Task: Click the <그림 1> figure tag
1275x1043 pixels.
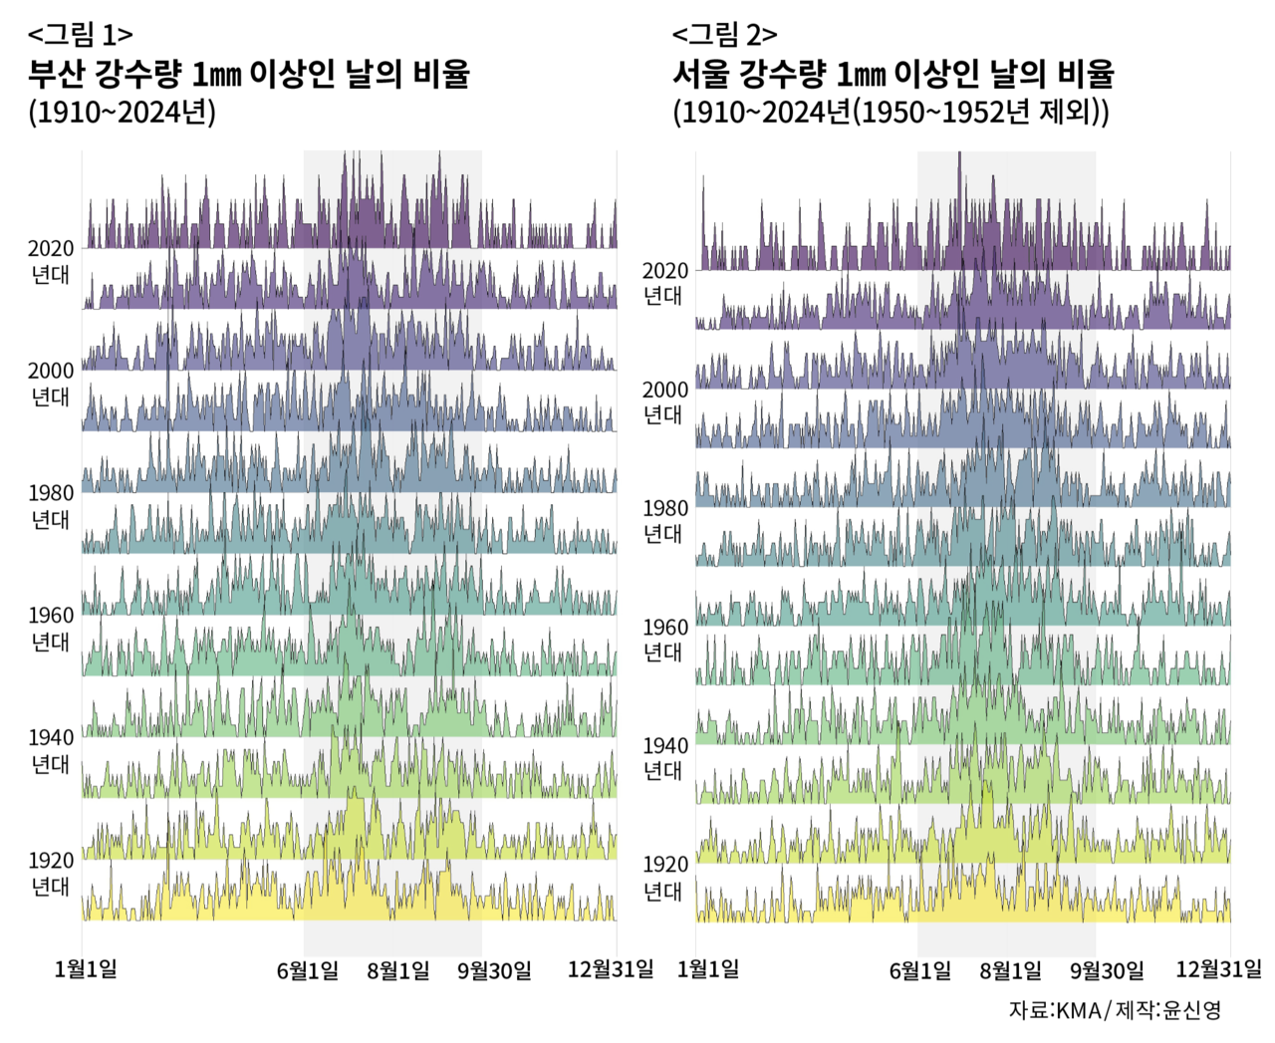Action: click(x=80, y=35)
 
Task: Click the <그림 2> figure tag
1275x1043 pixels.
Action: click(x=724, y=35)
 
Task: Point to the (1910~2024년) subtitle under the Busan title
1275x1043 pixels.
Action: click(x=122, y=112)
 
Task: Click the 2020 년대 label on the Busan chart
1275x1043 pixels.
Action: click(x=51, y=262)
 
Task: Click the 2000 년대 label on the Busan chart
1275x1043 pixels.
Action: click(x=51, y=384)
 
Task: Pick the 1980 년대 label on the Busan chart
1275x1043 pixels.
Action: click(x=51, y=506)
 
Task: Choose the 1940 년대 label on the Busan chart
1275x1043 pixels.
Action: click(x=51, y=751)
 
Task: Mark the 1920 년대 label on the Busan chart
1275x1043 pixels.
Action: click(x=51, y=874)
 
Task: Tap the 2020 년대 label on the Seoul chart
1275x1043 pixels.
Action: click(x=664, y=283)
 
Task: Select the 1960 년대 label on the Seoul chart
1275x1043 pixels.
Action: click(x=664, y=640)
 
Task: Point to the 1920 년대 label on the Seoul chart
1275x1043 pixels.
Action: click(x=664, y=878)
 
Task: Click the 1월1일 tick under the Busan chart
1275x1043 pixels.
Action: click(x=86, y=969)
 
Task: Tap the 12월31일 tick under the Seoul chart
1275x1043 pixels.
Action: click(x=1217, y=969)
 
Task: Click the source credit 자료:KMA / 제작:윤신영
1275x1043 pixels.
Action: click(x=1114, y=1010)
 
